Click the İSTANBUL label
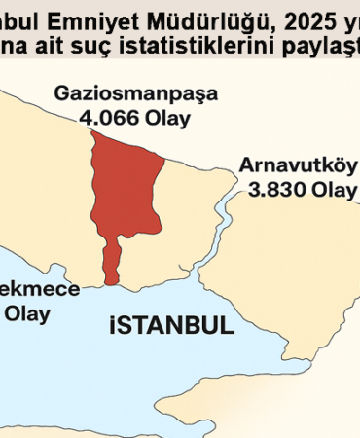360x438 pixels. coord(170,324)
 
